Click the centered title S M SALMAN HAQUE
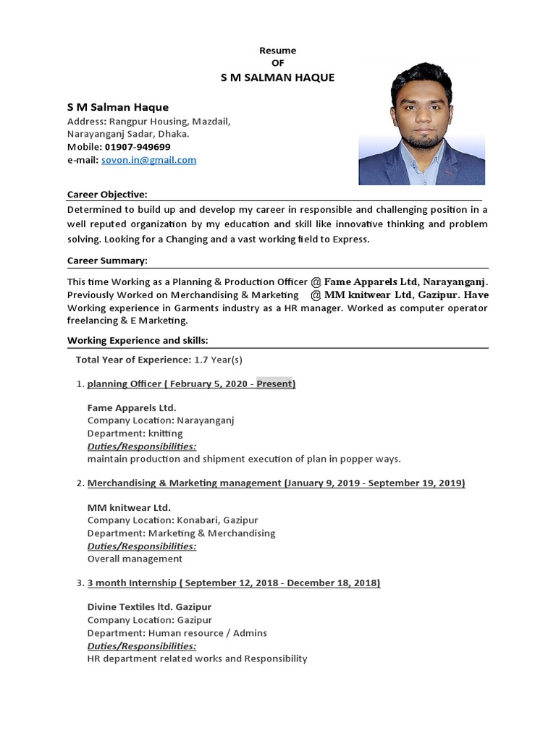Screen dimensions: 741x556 pyautogui.click(x=277, y=77)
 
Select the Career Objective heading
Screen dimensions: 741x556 pyautogui.click(x=107, y=195)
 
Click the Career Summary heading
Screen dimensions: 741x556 pyautogui.click(x=107, y=261)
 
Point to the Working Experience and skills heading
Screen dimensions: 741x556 pyautogui.click(x=138, y=340)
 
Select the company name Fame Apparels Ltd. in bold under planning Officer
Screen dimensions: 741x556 pyautogui.click(x=132, y=407)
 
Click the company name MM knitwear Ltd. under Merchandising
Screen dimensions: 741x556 pyautogui.click(x=129, y=507)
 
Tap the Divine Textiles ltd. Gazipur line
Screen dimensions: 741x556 pyautogui.click(x=149, y=606)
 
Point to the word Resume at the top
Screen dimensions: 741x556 pyautogui.click(x=278, y=51)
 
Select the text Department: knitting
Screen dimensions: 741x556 pyautogui.click(x=135, y=433)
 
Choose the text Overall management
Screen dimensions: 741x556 pyautogui.click(x=135, y=559)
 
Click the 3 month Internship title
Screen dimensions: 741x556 pyautogui.click(x=132, y=583)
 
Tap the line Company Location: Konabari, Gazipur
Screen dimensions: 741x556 pyautogui.click(x=172, y=520)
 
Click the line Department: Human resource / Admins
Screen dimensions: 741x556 pyautogui.click(x=177, y=632)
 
